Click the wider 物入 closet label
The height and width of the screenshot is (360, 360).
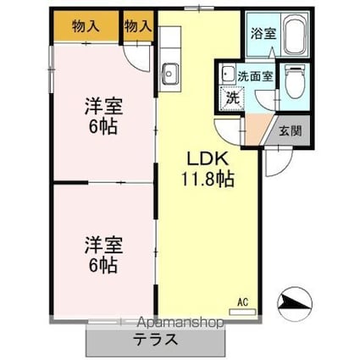pos(86,25)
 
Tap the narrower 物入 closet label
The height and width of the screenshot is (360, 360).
pos(138,25)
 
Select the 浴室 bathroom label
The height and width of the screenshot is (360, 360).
pos(262,35)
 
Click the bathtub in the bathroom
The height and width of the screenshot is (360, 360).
pos(294,35)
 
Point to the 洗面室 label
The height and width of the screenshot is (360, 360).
pos(254,75)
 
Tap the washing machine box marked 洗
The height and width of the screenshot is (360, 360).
pos(231,97)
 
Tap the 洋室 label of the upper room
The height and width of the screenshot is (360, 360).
pos(102,108)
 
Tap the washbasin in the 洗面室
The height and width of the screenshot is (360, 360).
pos(228,75)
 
